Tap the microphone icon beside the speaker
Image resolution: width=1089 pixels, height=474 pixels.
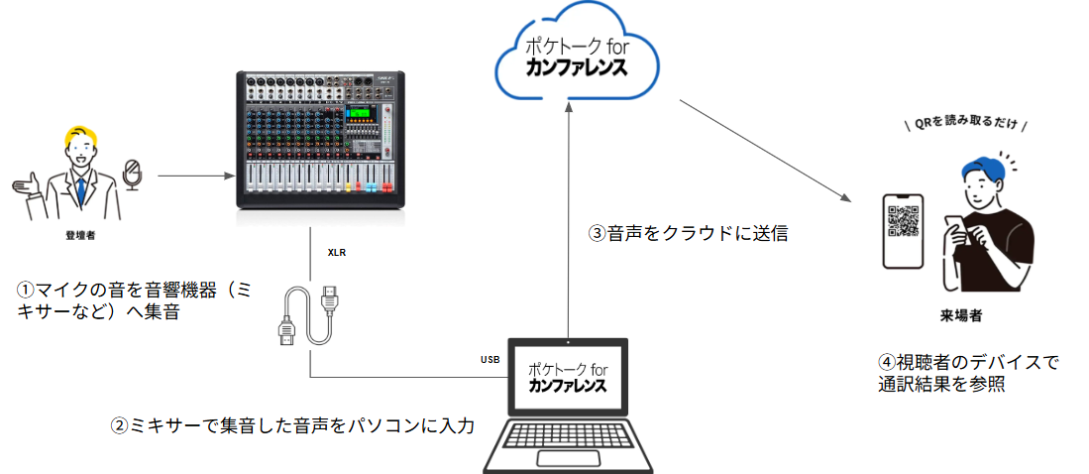point(132,175)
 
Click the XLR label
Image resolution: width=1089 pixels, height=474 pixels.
point(338,253)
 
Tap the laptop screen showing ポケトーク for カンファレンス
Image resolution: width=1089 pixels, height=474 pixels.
point(568,376)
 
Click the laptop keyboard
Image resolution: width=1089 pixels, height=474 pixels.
point(568,445)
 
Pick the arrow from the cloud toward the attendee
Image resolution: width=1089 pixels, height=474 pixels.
point(763,149)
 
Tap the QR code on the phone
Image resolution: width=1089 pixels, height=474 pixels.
point(903,221)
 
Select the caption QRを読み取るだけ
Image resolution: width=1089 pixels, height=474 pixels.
point(965,126)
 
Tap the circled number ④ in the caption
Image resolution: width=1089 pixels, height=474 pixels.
point(888,363)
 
